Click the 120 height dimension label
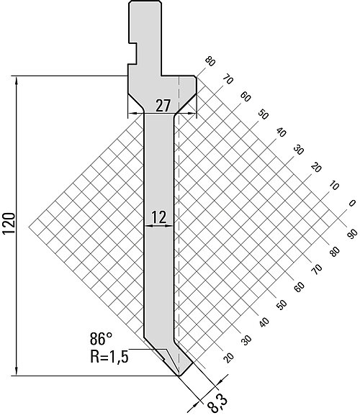point(9,224)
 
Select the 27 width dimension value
point(163,106)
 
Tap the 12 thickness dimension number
point(159,217)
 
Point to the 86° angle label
point(101,339)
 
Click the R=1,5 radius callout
point(109,357)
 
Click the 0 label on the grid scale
point(352,203)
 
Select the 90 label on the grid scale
point(352,234)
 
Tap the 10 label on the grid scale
point(333,186)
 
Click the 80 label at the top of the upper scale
point(210,62)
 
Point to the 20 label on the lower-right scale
point(228,358)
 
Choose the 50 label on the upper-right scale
point(263,114)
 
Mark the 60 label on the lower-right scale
point(300,286)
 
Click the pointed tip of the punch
point(179,375)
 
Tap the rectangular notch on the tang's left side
point(132,53)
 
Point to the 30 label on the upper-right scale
point(298,150)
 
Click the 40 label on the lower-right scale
point(264,322)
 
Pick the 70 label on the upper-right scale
point(228,79)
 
